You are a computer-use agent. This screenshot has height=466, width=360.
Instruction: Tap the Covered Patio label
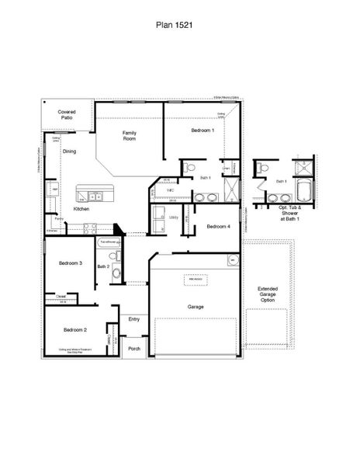point(66,114)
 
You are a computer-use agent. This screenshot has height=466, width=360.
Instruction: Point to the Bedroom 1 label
point(202,130)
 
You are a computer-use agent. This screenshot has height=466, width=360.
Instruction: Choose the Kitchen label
point(81,210)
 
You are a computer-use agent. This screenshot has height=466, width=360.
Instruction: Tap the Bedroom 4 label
point(217,226)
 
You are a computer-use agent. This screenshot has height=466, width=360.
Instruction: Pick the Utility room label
point(174,218)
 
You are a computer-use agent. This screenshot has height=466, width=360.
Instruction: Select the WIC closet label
point(169,190)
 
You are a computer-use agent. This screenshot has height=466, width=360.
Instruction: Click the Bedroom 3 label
point(71,263)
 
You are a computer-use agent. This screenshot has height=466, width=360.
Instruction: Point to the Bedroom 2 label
point(75,330)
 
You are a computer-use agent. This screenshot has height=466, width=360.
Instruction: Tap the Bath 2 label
point(102,266)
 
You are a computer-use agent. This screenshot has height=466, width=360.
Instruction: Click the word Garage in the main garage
point(196,306)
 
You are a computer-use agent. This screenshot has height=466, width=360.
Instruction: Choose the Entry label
point(134,318)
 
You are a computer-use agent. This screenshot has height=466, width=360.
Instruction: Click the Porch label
point(134,349)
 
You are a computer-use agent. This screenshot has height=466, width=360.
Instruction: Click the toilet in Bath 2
point(115,273)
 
